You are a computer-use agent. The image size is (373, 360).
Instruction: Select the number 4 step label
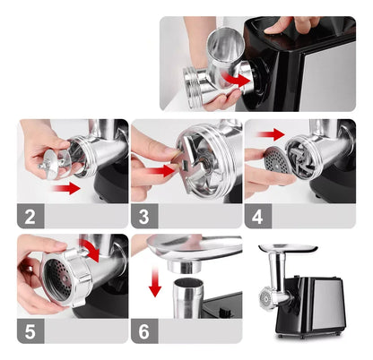[x=256, y=216]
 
